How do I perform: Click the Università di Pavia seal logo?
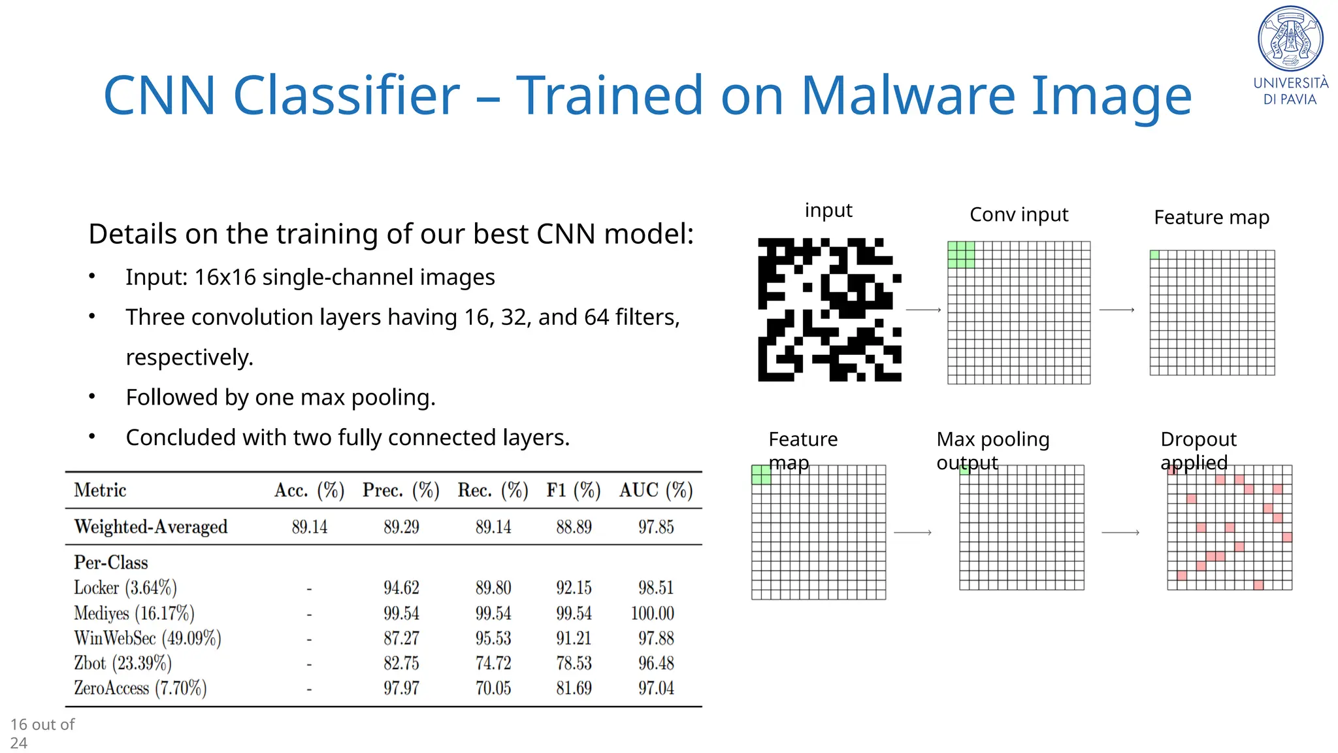point(1290,39)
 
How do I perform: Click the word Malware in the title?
point(907,95)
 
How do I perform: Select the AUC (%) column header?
point(655,490)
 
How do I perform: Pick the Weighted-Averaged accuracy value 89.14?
point(310,527)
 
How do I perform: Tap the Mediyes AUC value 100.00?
point(652,613)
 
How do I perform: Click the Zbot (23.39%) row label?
point(123,663)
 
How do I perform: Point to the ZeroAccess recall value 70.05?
point(493,688)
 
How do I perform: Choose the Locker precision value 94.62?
point(401,588)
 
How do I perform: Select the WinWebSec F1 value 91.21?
point(574,638)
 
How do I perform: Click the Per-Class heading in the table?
point(111,562)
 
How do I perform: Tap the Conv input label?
point(1019,214)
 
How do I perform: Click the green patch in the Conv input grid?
point(961,255)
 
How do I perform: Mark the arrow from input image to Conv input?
point(923,310)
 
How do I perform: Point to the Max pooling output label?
point(992,450)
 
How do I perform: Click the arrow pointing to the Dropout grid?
point(1120,533)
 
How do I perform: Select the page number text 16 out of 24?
point(42,733)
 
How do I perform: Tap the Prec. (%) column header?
point(400,490)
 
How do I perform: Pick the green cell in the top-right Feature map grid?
point(1154,255)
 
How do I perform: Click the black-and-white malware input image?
point(829,310)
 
